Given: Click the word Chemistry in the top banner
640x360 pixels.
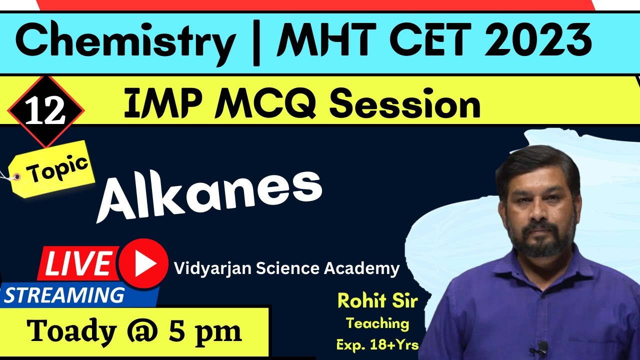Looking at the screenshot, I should pyautogui.click(x=125, y=42).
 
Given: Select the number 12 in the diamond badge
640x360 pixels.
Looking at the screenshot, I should pyautogui.click(x=45, y=111).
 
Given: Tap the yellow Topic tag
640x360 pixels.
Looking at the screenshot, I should pyautogui.click(x=58, y=168).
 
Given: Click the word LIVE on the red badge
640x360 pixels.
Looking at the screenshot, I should pyautogui.click(x=79, y=263).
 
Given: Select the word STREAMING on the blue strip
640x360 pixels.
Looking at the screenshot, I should pyautogui.click(x=64, y=295).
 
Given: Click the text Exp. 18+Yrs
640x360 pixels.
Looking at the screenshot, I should pyautogui.click(x=377, y=344).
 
